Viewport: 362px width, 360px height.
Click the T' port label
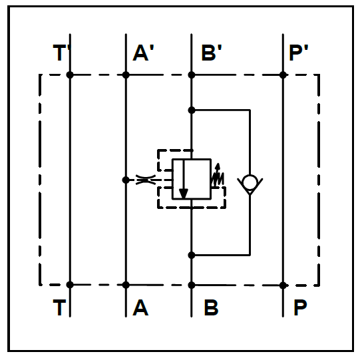pyautogui.click(x=62, y=53)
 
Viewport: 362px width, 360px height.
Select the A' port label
pyautogui.click(x=143, y=53)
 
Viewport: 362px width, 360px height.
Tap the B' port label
pyautogui.click(x=212, y=53)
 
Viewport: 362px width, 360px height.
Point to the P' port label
pyautogui.click(x=299, y=53)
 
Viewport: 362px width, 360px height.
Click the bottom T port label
pyautogui.click(x=59, y=307)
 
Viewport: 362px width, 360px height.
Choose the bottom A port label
pyautogui.click(x=140, y=307)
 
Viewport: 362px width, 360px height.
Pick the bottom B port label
pyautogui.click(x=211, y=307)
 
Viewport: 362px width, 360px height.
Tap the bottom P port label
pyautogui.click(x=300, y=307)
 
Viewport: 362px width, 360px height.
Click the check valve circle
pyautogui.click(x=250, y=182)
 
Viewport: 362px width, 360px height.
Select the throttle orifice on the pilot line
pyautogui.click(x=146, y=180)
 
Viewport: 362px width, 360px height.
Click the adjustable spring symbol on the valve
pyautogui.click(x=218, y=176)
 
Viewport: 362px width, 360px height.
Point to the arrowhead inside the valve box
pyautogui.click(x=184, y=194)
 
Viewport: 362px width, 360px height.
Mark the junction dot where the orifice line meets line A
pyautogui.click(x=126, y=180)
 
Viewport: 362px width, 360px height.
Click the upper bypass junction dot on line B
pyautogui.click(x=192, y=110)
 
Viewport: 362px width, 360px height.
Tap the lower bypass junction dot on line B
pyautogui.click(x=192, y=255)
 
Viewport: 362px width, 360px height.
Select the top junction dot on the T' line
pyautogui.click(x=70, y=75)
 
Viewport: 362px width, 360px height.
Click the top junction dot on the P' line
pyautogui.click(x=283, y=75)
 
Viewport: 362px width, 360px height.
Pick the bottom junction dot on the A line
pyautogui.click(x=126, y=285)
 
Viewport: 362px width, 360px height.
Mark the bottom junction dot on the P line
pyautogui.click(x=283, y=285)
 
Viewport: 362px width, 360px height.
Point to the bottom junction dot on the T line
pyautogui.click(x=70, y=285)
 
